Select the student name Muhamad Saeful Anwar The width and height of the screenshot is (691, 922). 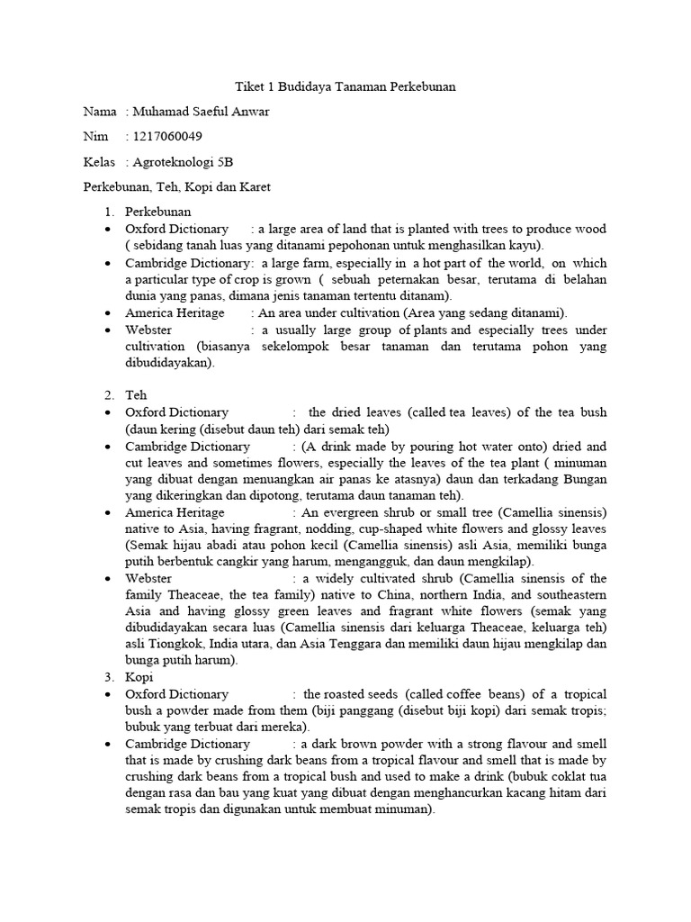tap(199, 112)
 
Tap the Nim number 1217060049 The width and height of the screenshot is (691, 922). tap(167, 137)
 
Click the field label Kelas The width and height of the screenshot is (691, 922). tap(99, 162)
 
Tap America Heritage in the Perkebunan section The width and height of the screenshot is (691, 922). tap(175, 313)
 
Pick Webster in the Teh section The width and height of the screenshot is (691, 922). tap(148, 578)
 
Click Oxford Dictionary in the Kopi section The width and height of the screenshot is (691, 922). tap(176, 694)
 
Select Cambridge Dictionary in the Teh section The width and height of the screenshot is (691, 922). tap(187, 446)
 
